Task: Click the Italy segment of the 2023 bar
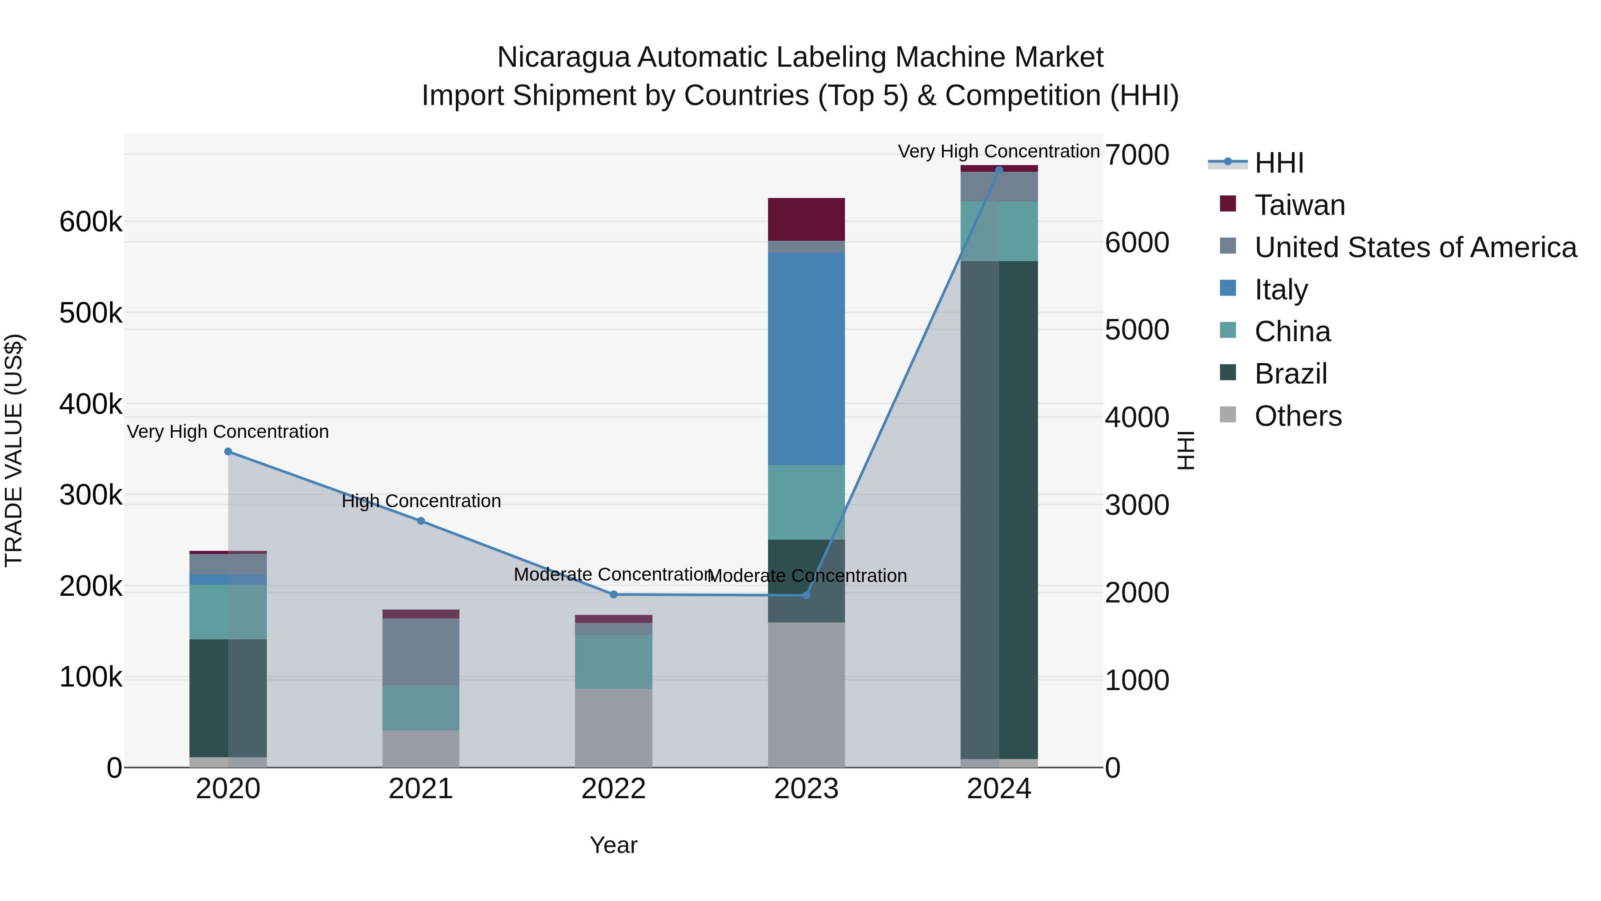click(x=806, y=358)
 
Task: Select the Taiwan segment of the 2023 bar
click(x=806, y=219)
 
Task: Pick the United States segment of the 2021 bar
click(x=421, y=652)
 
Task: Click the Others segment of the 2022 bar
click(x=613, y=727)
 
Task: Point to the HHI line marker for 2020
click(x=228, y=452)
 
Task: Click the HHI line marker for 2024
click(x=999, y=170)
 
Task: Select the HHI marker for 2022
click(x=613, y=594)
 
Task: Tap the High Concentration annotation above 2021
click(x=421, y=501)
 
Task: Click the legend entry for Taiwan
click(x=1299, y=205)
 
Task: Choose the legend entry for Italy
click(x=1280, y=290)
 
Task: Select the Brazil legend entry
click(x=1290, y=374)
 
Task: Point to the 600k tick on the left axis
click(x=91, y=222)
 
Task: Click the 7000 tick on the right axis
click(x=1137, y=155)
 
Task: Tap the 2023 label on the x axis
click(x=806, y=789)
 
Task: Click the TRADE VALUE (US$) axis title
click(x=14, y=450)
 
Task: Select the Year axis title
click(x=613, y=845)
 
